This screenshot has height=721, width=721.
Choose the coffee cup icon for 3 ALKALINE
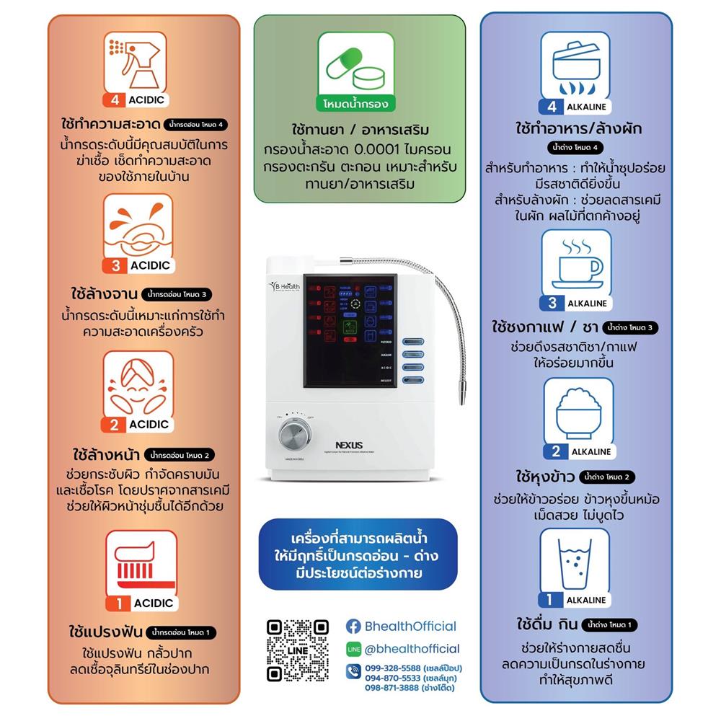click(x=577, y=263)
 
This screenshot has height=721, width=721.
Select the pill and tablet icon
click(x=356, y=65)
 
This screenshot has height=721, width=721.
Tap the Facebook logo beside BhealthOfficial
click(x=353, y=627)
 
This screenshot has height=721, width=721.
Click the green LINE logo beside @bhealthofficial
click(x=353, y=649)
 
